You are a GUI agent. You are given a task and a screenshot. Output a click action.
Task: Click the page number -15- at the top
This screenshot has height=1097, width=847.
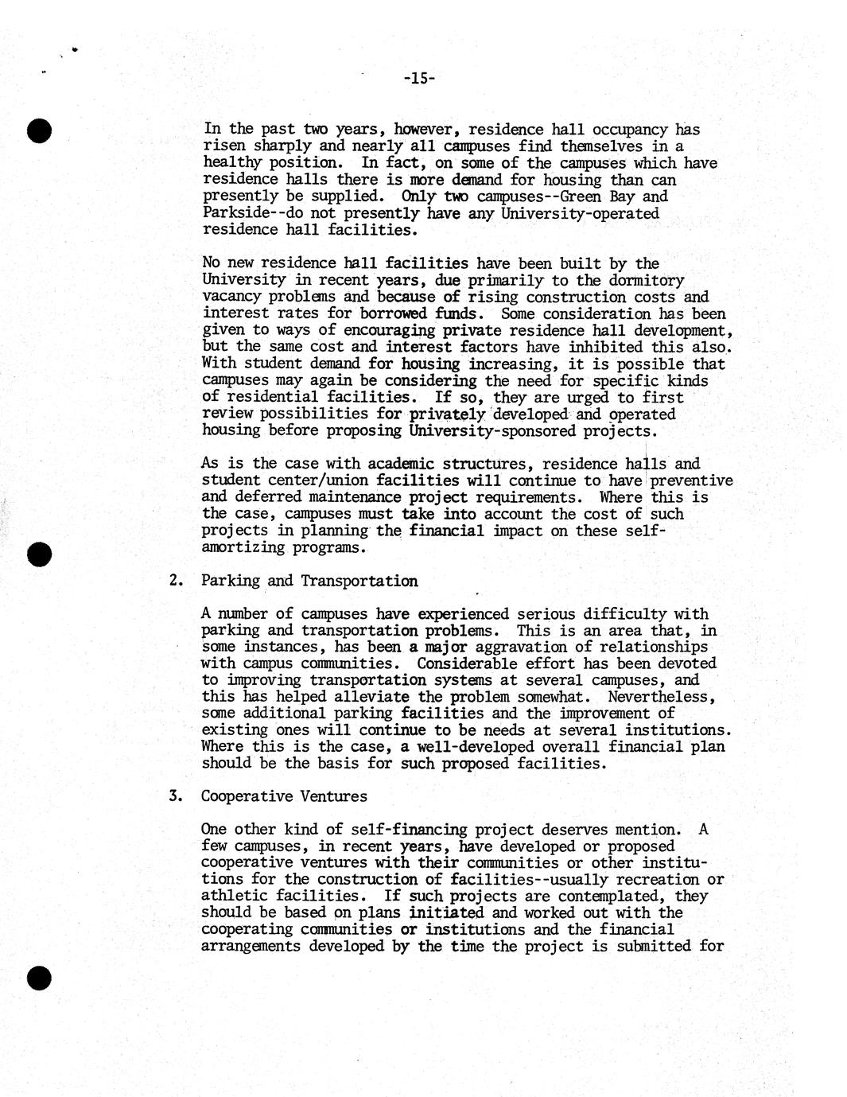418,78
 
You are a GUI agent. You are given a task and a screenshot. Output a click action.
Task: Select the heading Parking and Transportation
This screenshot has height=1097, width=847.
309,581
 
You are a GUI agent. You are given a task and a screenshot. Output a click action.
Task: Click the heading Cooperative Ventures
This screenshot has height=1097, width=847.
283,796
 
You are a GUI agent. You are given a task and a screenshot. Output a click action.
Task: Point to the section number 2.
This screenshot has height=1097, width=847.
176,581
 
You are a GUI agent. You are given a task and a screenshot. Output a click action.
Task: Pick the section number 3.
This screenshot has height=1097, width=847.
176,796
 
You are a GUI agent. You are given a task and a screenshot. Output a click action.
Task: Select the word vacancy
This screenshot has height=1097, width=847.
231,297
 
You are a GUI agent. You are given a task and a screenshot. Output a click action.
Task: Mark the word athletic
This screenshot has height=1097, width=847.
231,896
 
